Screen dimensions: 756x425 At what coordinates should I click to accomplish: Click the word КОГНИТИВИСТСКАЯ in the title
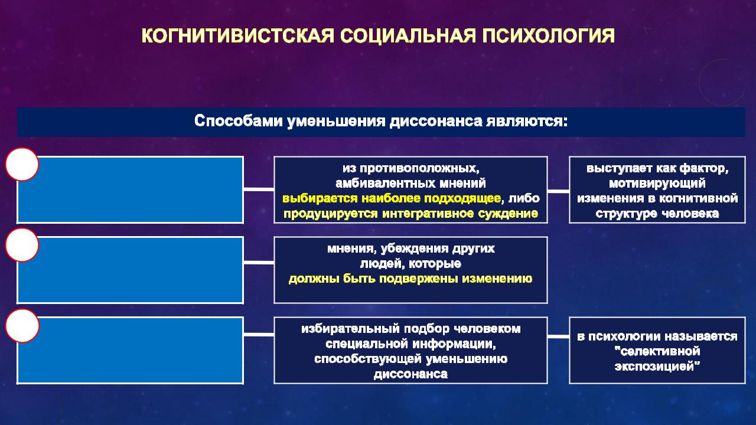coord(238,36)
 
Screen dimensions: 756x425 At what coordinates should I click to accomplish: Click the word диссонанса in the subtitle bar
coord(436,121)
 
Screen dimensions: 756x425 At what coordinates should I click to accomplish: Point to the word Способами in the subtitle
coord(238,121)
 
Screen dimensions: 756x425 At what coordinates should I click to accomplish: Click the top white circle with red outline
coord(22,164)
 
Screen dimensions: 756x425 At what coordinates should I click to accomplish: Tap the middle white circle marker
coord(22,245)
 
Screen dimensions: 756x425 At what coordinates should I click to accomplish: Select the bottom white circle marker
coord(22,326)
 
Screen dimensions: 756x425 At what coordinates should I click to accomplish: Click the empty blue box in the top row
coord(131,189)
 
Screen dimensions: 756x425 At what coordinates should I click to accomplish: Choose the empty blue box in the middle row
coord(131,270)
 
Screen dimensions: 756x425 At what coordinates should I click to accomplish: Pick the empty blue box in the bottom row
coord(131,351)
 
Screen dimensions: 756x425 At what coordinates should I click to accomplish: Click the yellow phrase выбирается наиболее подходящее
coord(392,198)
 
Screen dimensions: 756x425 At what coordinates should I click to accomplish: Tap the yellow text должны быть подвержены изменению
coord(410,279)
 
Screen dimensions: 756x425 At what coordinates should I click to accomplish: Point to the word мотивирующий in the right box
coord(657,184)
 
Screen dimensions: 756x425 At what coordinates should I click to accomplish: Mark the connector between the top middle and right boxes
coord(558,191)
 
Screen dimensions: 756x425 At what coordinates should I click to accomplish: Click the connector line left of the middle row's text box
coord(259,263)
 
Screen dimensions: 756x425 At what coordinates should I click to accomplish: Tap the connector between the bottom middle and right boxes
coord(558,336)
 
